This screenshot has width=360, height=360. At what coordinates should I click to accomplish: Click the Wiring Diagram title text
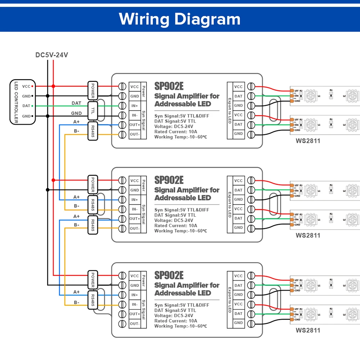coord(180,19)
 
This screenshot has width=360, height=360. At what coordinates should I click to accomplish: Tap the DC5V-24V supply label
coord(51,55)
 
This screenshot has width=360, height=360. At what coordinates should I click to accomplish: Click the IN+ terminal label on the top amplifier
coord(134,106)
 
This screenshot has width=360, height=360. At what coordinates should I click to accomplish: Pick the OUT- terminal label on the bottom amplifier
coord(134,323)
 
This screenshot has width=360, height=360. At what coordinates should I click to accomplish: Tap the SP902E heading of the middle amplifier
coord(169,180)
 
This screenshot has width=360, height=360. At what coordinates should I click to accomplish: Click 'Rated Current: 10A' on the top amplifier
coord(176,132)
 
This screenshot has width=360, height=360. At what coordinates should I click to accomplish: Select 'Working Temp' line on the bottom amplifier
coord(180,326)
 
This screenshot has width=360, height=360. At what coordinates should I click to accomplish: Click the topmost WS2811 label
coord(308,141)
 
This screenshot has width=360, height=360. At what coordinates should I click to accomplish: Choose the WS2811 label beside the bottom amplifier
coord(308,330)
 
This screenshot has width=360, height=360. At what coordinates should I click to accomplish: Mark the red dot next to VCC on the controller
coord(33,86)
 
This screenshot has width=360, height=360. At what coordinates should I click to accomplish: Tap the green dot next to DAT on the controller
coord(33,106)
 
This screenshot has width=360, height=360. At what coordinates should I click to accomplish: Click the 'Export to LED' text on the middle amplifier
coord(229,204)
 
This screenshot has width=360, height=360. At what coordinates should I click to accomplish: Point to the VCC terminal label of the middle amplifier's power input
coord(134,181)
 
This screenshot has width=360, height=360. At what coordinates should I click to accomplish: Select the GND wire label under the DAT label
coord(76,113)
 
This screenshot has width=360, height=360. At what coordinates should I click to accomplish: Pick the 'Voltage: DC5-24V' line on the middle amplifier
coord(174,220)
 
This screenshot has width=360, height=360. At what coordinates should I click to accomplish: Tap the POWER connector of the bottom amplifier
coord(93,279)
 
